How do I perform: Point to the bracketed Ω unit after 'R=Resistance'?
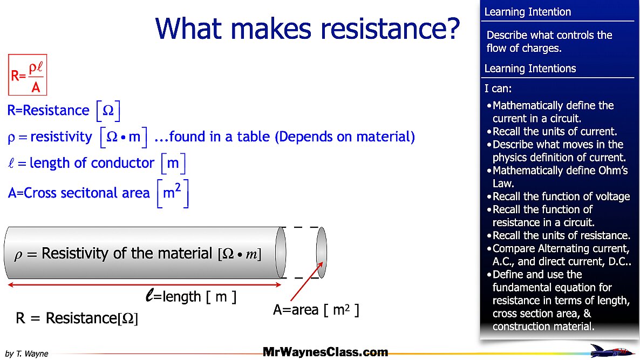coord(107,111)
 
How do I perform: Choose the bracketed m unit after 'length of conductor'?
coord(173,163)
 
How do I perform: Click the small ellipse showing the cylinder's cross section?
coord(321,252)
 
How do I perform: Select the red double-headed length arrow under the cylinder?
coord(144,284)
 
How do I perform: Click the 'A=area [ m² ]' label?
coord(316,310)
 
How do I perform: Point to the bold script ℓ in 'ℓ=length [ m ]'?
coord(150,295)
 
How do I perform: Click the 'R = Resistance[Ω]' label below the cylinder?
coord(77,318)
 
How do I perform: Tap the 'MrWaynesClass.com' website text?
coord(325,352)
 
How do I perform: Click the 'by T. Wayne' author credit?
coord(26,354)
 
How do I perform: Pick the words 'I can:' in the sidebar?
coord(498,88)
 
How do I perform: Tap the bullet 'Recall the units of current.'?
coord(555,131)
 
